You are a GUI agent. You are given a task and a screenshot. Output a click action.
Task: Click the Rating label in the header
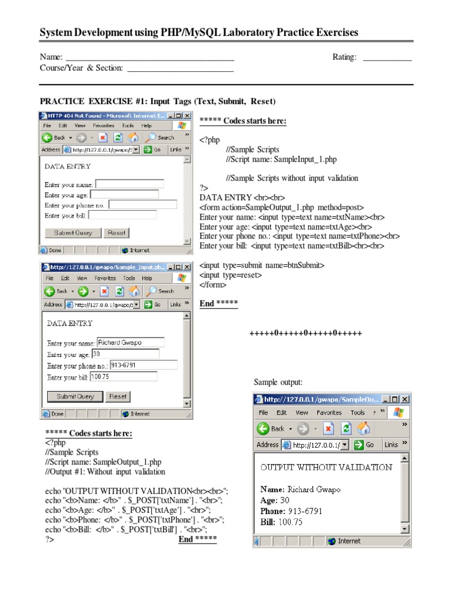(344, 57)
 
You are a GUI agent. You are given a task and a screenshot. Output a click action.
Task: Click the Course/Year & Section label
(81, 68)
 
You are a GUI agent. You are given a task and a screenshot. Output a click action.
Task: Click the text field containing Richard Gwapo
(130, 342)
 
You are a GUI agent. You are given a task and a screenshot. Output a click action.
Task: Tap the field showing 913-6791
(143, 365)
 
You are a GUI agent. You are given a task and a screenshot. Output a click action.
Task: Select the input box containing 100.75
(123, 377)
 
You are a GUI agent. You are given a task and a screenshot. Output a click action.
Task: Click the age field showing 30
(125, 354)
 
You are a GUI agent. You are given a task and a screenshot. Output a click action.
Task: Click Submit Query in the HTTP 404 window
(73, 233)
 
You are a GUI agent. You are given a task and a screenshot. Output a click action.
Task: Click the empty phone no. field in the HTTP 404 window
(142, 205)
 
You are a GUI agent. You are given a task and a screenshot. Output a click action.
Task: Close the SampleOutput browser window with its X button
(404, 399)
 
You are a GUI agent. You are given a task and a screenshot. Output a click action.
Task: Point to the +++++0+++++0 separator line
(305, 333)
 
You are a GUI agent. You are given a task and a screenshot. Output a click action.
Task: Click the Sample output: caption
(278, 382)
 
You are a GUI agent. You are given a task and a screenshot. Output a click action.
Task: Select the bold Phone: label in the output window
(272, 511)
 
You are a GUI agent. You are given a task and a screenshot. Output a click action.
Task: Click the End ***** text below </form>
(218, 303)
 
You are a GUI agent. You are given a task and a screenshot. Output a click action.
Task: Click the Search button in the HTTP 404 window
(160, 137)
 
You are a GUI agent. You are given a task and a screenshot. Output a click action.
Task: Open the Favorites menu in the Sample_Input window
(105, 278)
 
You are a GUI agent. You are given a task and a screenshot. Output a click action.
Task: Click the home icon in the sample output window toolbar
(364, 428)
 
